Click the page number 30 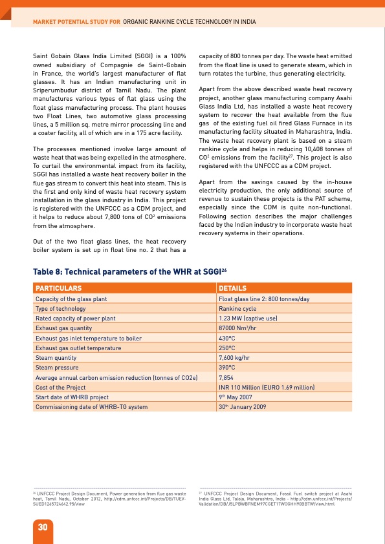pos(24,527)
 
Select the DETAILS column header pos(233,288)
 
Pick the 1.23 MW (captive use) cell pos(248,319)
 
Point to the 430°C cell pos(226,338)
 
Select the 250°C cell pos(226,348)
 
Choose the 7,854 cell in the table pos(226,377)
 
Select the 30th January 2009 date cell pos(243,406)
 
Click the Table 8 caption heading pos(129,272)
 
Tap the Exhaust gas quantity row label pos(63,328)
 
